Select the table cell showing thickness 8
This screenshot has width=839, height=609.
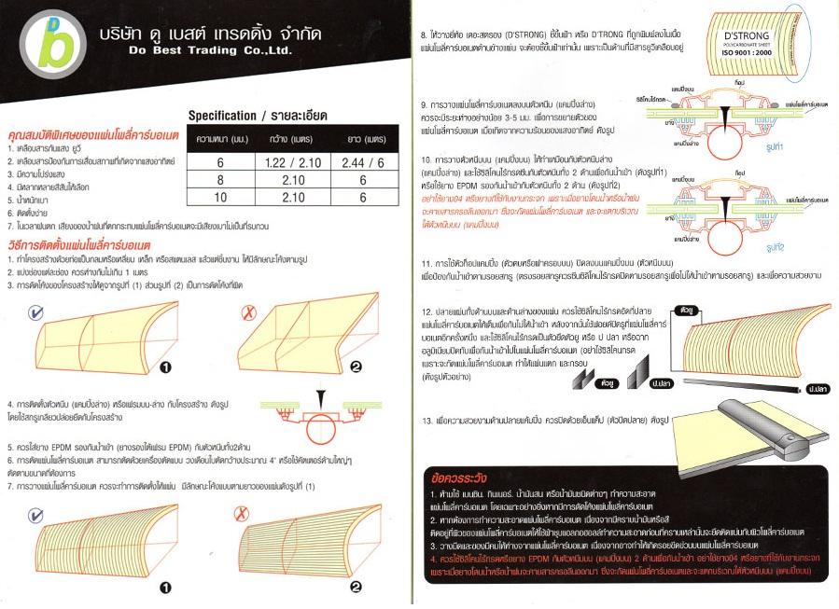(x=220, y=179)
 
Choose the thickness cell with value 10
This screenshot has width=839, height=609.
(x=220, y=197)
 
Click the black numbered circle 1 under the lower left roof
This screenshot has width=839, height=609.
(x=164, y=587)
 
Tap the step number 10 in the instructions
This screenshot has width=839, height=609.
(x=426, y=159)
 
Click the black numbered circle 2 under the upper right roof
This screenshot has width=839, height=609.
(x=355, y=367)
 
